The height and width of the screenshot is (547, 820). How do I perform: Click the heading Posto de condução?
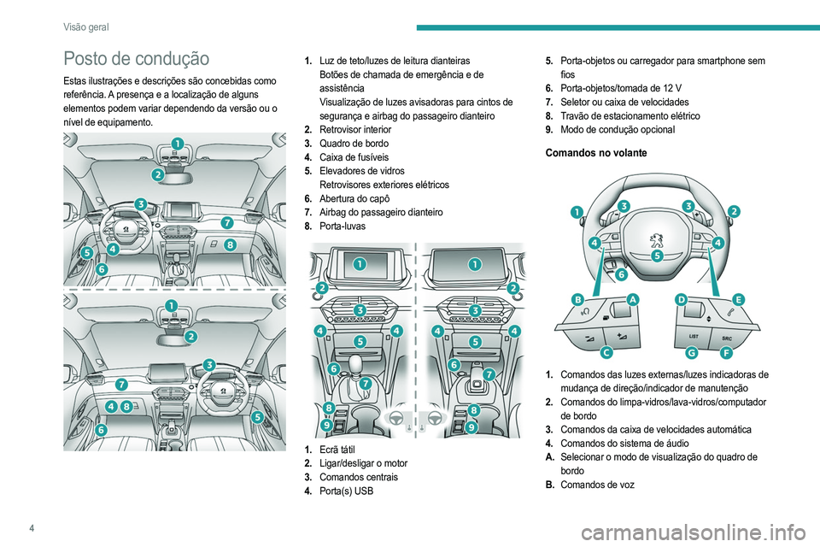pos(136,58)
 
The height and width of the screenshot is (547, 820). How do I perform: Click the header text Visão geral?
pos(85,27)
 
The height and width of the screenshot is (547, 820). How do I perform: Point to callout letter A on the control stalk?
pos(632,300)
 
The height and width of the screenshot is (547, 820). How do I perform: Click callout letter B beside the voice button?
pos(578,300)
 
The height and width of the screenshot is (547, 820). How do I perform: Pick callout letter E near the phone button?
pos(737,299)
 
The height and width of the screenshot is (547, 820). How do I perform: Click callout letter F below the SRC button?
pos(725,351)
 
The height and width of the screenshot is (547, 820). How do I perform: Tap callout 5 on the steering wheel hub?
pos(657,255)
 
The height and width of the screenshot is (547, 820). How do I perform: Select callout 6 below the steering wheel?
pos(621,275)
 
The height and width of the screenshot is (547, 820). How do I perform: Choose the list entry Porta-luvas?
pos(343,226)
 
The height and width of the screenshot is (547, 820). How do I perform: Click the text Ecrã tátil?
pos(338,450)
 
